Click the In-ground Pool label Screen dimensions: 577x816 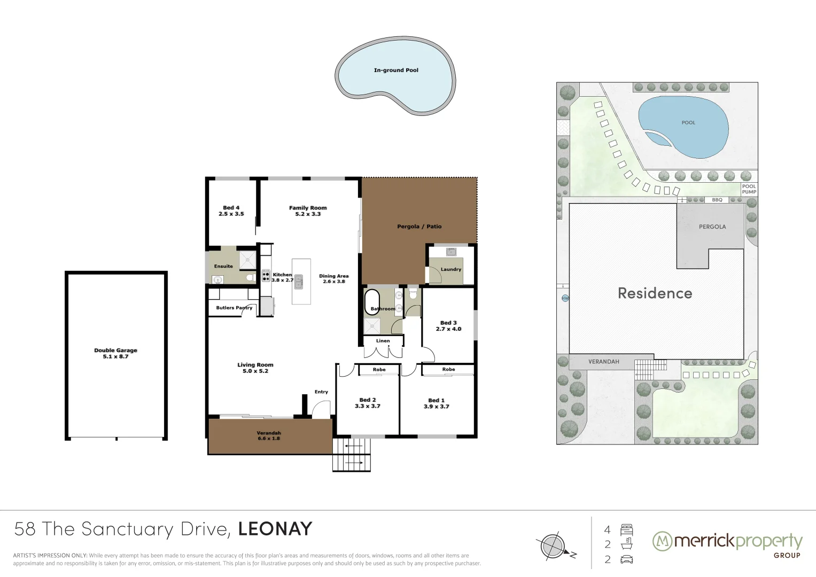pos(396,70)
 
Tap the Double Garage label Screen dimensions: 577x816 pos(115,350)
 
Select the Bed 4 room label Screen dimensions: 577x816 pos(231,208)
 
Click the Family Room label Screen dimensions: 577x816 pos(308,208)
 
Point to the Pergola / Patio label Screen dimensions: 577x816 pos(419,227)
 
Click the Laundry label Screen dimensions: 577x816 pos(450,269)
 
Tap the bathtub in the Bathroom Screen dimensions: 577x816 pos(371,302)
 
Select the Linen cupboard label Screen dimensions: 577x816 pos(383,341)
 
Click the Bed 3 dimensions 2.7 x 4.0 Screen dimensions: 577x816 pos(448,329)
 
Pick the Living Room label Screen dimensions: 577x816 pos(255,365)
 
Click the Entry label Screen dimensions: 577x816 pos(321,392)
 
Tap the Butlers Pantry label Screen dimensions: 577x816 pos(234,308)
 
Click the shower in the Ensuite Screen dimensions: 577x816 pos(247,260)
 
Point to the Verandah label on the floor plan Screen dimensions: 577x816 pos(268,433)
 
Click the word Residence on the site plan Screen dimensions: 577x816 pos(655,293)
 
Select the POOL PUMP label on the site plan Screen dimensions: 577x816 pos(749,189)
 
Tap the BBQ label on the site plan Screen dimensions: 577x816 pos(717,200)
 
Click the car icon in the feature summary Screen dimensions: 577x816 pos(626,559)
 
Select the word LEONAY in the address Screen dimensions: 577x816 pos(275,529)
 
